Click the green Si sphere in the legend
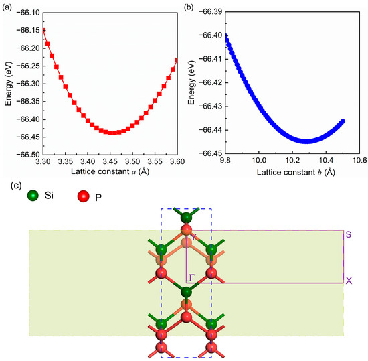pos(33,196)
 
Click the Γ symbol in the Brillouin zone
pos(191,275)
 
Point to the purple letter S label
pos(349,235)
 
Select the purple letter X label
pos(349,281)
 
